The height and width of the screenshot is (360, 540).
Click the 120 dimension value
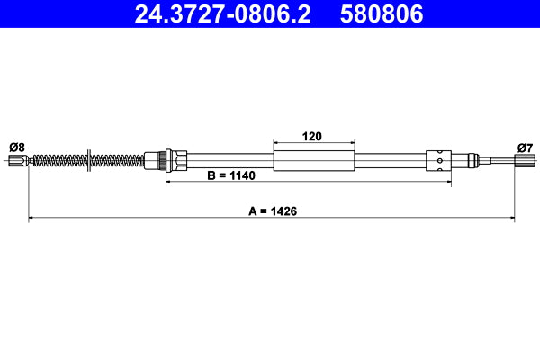coord(312,137)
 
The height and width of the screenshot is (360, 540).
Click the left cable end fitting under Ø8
coord(17,161)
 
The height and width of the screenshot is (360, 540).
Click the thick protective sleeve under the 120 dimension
coord(312,161)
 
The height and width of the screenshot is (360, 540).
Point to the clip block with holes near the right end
coord(437,161)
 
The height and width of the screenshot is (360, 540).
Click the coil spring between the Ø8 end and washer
coord(58,161)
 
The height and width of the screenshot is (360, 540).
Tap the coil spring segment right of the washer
coord(117,161)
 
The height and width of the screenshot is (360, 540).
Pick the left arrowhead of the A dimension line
coord(32,217)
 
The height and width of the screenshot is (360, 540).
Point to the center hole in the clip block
coord(438,161)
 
